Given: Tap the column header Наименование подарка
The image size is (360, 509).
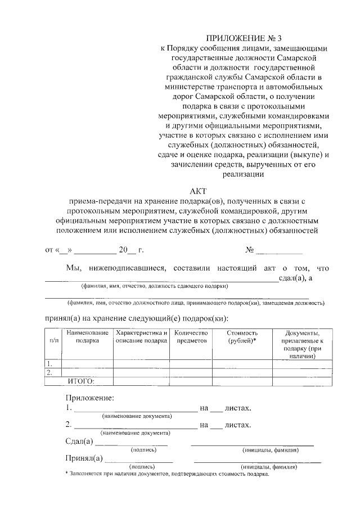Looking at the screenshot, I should (x=87, y=337).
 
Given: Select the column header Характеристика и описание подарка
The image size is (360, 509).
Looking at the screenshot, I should (x=141, y=337).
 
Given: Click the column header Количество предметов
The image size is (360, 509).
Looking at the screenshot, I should (x=191, y=337).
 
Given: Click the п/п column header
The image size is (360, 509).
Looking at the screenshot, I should (x=54, y=341).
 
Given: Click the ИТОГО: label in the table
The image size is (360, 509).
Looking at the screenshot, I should (x=81, y=381).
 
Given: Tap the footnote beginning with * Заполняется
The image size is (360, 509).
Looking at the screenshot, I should (x=168, y=474).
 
